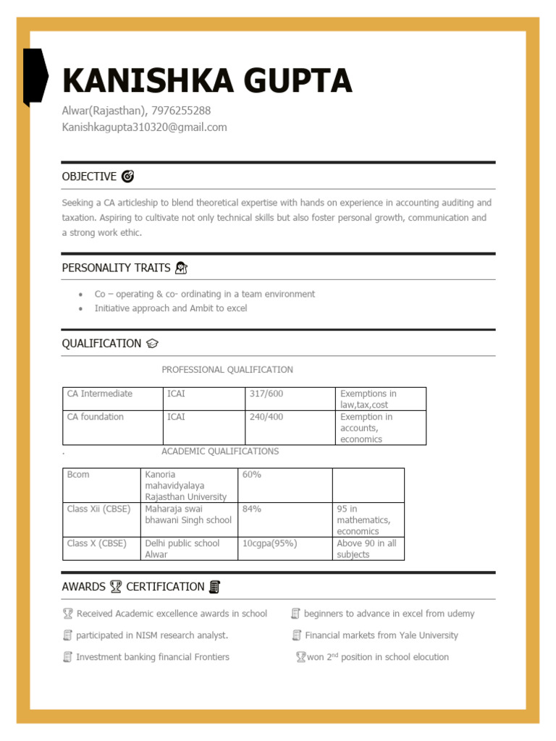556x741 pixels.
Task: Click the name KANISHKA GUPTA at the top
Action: coord(207,80)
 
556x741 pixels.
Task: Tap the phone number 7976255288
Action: coord(181,111)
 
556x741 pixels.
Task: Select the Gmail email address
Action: coord(144,127)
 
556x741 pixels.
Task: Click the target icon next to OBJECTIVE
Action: coord(127,176)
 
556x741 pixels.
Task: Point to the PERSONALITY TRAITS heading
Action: coord(117,268)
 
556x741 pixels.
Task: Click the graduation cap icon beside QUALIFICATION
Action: coord(152,344)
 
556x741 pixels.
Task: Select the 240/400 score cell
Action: coord(266,417)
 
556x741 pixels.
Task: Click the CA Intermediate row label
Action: coord(100,394)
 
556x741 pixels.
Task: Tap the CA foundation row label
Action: coord(96,417)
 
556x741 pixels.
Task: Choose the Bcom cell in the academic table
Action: coord(78,475)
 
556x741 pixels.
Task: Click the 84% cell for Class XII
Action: coord(252,509)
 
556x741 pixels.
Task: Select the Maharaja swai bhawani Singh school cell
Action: coord(188,515)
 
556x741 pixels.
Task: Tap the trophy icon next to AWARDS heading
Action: coord(116,587)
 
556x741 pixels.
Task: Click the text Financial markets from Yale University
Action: coord(381,635)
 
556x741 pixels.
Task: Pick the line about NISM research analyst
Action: coord(151,635)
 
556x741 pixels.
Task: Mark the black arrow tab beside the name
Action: coord(35,76)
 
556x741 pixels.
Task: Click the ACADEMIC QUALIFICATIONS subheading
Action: coord(219,452)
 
